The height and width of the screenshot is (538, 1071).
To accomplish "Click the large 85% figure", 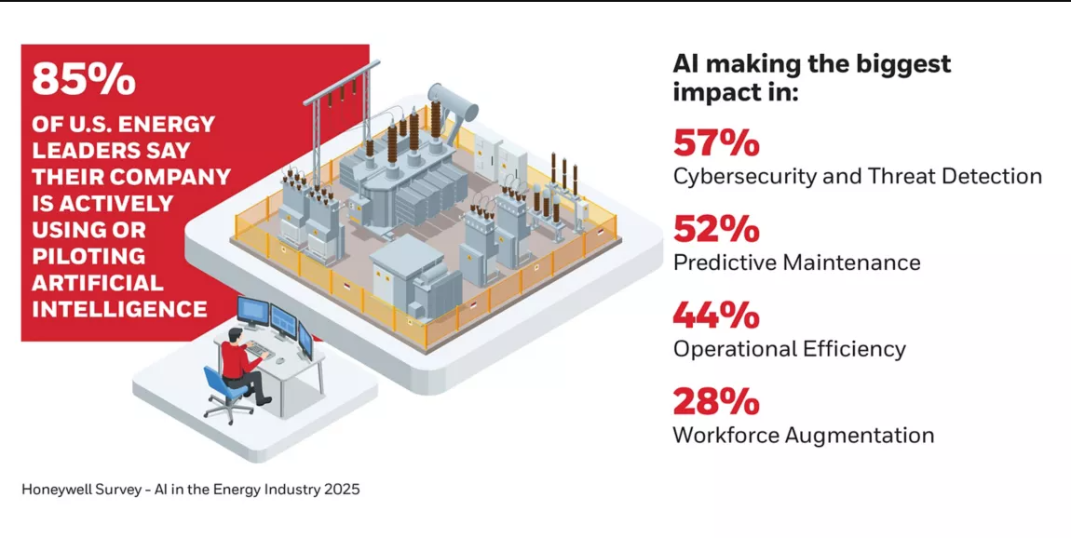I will point(84,80).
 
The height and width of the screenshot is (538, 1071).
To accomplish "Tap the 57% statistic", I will point(715,143).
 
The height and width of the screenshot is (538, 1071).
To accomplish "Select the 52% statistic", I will point(715,230).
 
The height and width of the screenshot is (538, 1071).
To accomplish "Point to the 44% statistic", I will point(715,316).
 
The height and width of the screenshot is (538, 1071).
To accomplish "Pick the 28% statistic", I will point(715,402).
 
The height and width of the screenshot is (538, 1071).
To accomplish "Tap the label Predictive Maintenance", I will point(796,262).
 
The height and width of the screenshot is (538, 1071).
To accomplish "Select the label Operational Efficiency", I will point(789,349).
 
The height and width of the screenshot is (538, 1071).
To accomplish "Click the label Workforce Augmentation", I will point(803,435).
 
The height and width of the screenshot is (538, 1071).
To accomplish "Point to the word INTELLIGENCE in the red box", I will point(119,309).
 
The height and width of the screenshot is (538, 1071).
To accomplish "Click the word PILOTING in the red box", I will point(88,256).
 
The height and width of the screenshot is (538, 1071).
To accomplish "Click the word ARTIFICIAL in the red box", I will point(98,283).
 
